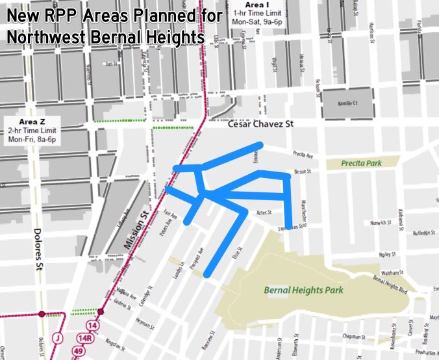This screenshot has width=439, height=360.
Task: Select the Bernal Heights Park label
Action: (303, 290)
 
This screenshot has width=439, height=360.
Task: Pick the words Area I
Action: (252, 5)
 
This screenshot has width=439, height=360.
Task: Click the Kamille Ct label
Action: (349, 103)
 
